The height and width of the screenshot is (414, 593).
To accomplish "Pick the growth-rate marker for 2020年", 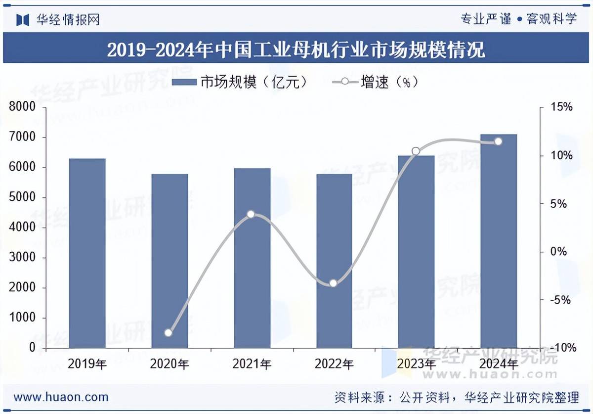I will point(169,333).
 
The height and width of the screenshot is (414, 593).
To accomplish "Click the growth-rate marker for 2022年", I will point(333,283).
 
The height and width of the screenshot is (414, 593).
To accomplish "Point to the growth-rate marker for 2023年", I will point(416,151).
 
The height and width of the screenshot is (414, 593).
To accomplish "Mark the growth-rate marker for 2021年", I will point(251,214).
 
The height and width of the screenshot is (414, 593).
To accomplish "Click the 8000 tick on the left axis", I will point(23,107).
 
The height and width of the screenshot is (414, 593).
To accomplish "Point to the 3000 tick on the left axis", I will point(23,258).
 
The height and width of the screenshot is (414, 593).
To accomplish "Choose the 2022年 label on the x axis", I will point(334,365).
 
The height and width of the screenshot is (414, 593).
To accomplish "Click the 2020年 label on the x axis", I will point(169,365).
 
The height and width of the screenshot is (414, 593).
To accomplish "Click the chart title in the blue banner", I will point(296,49).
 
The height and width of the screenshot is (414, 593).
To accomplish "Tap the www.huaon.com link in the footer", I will point(61,397).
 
